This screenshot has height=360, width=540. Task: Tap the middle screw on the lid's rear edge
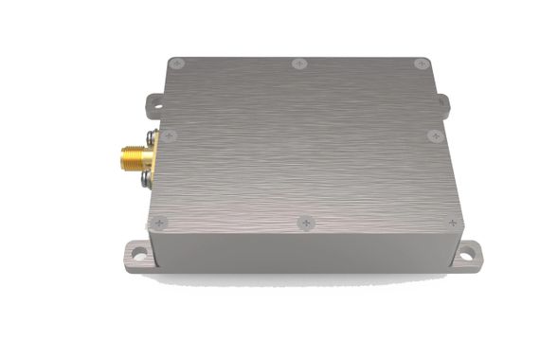pyautogui.click(x=300, y=64)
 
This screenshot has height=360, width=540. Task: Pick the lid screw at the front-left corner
pyautogui.click(x=159, y=222)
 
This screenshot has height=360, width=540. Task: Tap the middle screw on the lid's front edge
pyautogui.click(x=303, y=222)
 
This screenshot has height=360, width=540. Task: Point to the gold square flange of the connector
pyautogui.click(x=142, y=157)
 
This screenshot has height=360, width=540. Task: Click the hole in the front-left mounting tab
pyautogui.click(x=137, y=252)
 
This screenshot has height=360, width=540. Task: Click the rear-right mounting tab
pyautogui.click(x=441, y=99)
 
